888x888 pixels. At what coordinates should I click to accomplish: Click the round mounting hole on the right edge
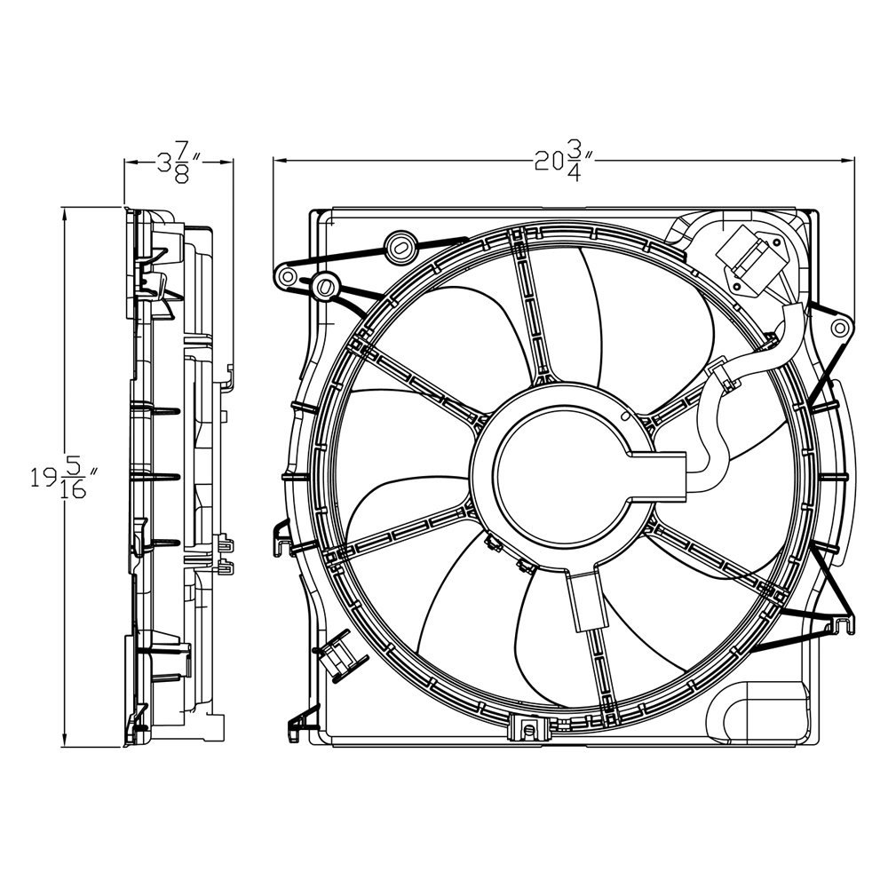coord(837,329)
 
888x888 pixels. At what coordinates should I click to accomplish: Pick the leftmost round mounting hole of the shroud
coord(286,277)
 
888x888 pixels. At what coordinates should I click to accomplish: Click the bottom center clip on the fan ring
coord(529,729)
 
